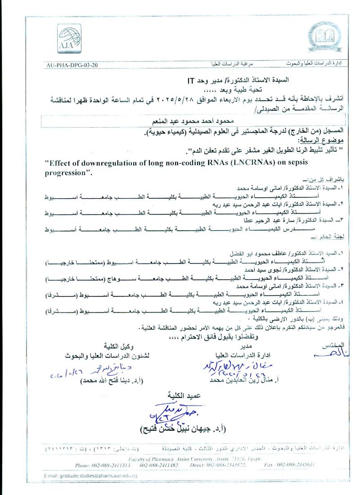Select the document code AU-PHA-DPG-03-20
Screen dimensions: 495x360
tap(72, 65)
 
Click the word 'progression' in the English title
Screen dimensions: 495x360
tap(67, 173)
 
